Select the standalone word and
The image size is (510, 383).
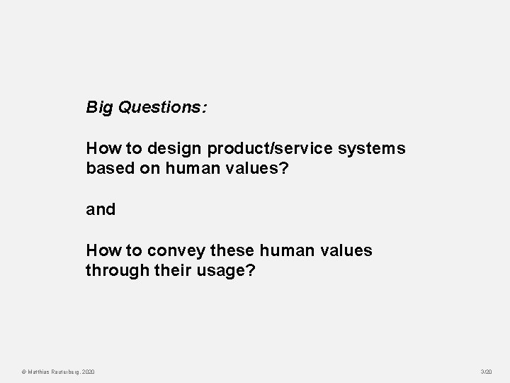[x=100, y=210]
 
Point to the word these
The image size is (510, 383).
[x=232, y=250]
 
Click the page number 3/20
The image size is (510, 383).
[x=486, y=372]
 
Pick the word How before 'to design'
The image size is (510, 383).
[x=101, y=149]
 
